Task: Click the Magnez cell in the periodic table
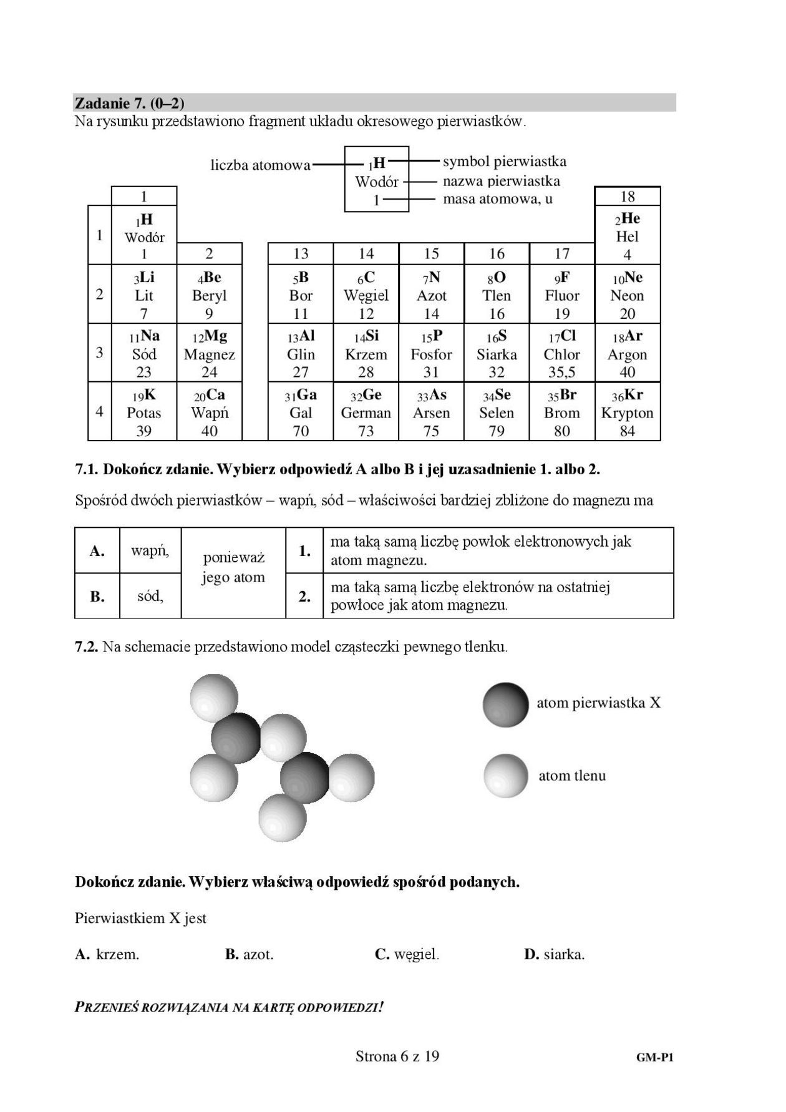click(209, 354)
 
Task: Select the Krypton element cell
click(627, 412)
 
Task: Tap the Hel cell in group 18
click(627, 236)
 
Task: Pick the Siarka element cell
click(497, 354)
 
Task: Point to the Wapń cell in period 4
click(209, 412)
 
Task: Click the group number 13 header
click(301, 253)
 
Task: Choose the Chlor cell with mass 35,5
click(561, 354)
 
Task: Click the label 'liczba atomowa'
click(260, 165)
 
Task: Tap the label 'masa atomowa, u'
click(497, 200)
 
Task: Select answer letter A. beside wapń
click(97, 551)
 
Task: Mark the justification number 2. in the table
click(304, 597)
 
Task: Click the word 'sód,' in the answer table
click(150, 596)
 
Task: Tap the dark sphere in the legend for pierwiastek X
click(505, 705)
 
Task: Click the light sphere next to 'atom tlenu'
click(506, 776)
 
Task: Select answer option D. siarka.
click(554, 954)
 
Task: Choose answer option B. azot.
click(249, 954)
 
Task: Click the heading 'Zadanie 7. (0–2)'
click(129, 103)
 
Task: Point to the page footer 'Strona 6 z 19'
click(397, 1056)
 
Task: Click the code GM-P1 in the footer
click(654, 1058)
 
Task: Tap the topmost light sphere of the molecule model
click(214, 697)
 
